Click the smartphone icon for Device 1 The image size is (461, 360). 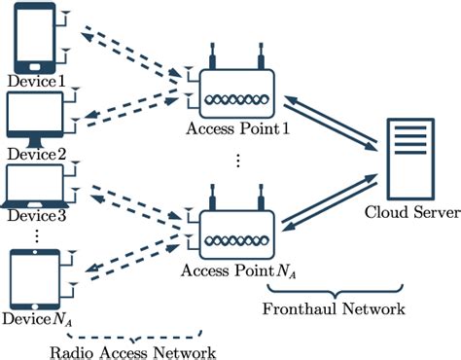coord(33,37)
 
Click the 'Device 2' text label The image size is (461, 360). coord(35,154)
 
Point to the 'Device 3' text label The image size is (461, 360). coord(35,215)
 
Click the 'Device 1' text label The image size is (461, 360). coord(35,81)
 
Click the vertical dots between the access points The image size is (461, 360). coord(236,162)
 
